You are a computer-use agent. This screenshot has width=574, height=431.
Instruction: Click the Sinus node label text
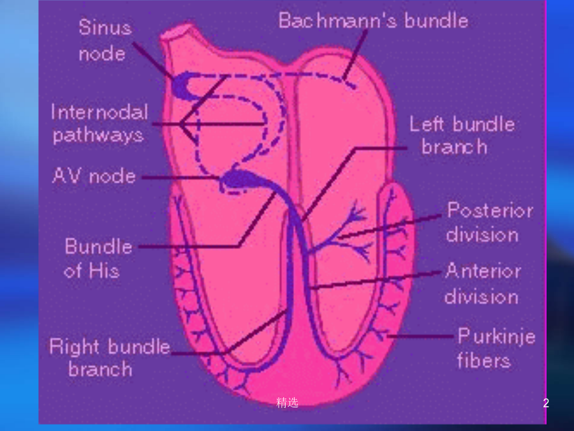click(105, 40)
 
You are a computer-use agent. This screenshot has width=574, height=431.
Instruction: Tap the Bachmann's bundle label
click(373, 20)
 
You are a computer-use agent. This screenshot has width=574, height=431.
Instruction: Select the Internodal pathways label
click(99, 123)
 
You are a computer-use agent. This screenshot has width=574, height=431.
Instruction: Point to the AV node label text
click(94, 176)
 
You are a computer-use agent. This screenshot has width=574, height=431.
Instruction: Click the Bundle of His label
click(98, 258)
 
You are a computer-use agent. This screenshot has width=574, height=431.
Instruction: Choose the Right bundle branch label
click(110, 358)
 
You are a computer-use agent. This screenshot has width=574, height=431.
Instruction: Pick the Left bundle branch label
click(462, 135)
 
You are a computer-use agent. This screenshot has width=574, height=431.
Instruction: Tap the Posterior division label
click(490, 222)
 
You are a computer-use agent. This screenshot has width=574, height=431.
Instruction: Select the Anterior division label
click(483, 284)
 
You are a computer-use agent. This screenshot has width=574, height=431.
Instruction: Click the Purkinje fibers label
click(496, 348)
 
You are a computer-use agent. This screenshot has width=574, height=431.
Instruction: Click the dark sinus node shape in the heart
click(185, 86)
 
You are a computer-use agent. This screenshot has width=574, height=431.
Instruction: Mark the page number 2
click(546, 403)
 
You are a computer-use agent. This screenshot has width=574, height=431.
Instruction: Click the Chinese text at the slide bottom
click(288, 402)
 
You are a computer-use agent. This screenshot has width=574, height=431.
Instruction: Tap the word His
click(104, 271)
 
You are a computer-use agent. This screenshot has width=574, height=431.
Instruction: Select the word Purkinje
click(496, 336)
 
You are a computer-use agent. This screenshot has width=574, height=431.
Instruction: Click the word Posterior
click(490, 210)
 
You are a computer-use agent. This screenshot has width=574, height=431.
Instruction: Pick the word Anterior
click(483, 271)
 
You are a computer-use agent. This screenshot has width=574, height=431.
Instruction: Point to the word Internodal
click(99, 112)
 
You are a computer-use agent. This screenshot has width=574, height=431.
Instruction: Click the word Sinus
click(105, 27)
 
